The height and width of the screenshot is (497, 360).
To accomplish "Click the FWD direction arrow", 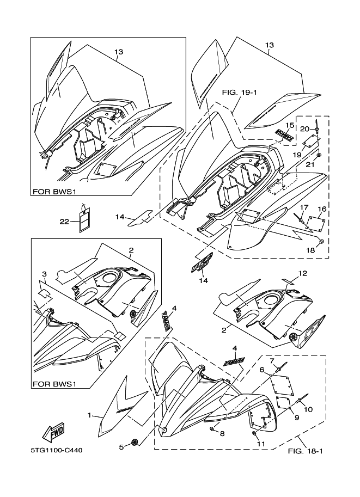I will click(x=55, y=432).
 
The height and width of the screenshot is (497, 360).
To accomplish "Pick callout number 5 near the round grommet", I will click(x=121, y=448).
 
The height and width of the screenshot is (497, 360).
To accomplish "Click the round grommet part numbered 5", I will click(x=135, y=443).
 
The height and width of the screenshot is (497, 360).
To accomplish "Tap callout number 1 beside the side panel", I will click(x=89, y=415).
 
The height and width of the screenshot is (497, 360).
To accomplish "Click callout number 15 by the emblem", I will click(x=289, y=125).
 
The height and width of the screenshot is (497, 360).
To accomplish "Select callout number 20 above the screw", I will click(x=304, y=128).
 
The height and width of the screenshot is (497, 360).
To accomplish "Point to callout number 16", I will click(x=322, y=208).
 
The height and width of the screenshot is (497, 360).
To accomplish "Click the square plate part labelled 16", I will click(x=314, y=223).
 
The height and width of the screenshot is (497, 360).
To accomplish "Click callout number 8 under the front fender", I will click(x=222, y=434).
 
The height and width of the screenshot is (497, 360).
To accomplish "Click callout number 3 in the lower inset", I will click(x=44, y=273).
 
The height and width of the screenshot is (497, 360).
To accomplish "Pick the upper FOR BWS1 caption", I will click(x=54, y=192).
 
